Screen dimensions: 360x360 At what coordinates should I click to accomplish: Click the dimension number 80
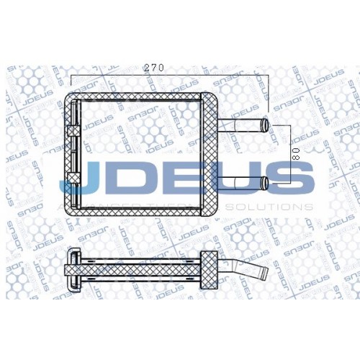[x=295, y=154]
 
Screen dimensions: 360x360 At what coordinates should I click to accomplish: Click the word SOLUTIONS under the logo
[x=269, y=207]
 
